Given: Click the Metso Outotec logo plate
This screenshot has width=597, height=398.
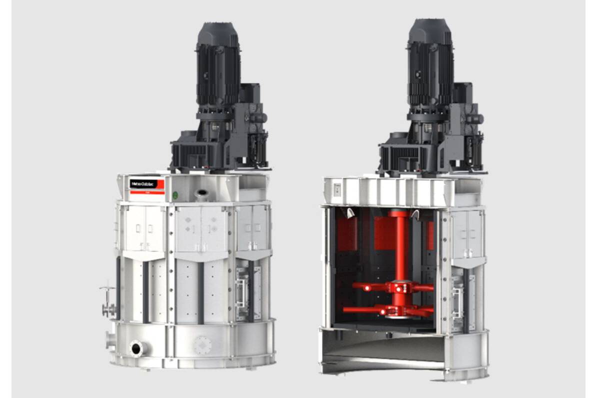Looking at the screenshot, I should coord(146,185).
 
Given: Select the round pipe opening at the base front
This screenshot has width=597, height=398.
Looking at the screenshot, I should coord(136,348).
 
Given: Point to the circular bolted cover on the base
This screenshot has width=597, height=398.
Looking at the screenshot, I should coord(202,345).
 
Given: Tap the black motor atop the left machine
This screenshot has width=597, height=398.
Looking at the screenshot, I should coord(218,65).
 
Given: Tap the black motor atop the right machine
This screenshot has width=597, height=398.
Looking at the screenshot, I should coord(430,62).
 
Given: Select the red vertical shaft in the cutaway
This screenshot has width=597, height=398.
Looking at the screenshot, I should coord(400,250).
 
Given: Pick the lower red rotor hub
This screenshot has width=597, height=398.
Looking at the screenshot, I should coord(399,311).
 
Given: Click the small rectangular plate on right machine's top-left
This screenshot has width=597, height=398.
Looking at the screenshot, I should coord(336,189).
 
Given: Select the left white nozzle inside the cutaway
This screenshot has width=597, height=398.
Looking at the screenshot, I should coord(350,213).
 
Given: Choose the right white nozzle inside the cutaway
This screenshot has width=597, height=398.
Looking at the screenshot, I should coord(414,214).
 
